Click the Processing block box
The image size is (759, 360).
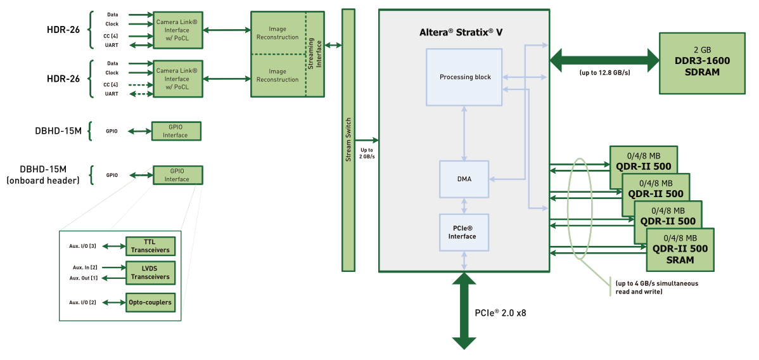click(465, 77)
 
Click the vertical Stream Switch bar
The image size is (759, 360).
click(348, 139)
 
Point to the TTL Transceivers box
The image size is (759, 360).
click(150, 246)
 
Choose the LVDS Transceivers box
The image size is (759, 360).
click(150, 273)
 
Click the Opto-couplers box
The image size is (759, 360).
click(150, 302)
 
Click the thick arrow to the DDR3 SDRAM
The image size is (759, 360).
click(604, 60)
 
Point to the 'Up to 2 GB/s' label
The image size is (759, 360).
click(366, 153)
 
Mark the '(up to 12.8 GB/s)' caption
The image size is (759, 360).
click(604, 73)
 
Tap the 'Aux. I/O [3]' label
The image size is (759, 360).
click(82, 246)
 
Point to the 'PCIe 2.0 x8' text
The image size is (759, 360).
click(501, 312)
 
